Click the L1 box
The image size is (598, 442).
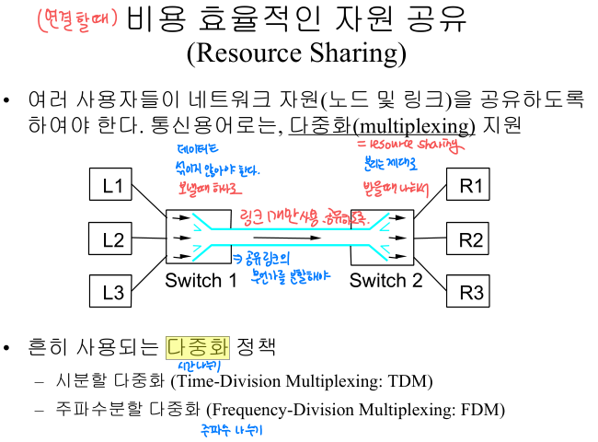coord(112,185)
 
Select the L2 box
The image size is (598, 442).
coord(112,240)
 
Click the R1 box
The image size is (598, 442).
coord(471,185)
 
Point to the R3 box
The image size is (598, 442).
coord(471,292)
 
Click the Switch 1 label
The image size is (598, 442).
coord(201,281)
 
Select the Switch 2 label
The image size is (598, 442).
coord(385,281)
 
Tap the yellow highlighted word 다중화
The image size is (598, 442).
coord(198,347)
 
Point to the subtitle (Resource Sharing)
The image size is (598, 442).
coord(296,52)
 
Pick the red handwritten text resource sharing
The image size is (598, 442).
coord(409,145)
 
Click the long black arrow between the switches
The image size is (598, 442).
coord(293,238)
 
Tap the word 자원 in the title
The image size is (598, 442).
coord(332,18)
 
